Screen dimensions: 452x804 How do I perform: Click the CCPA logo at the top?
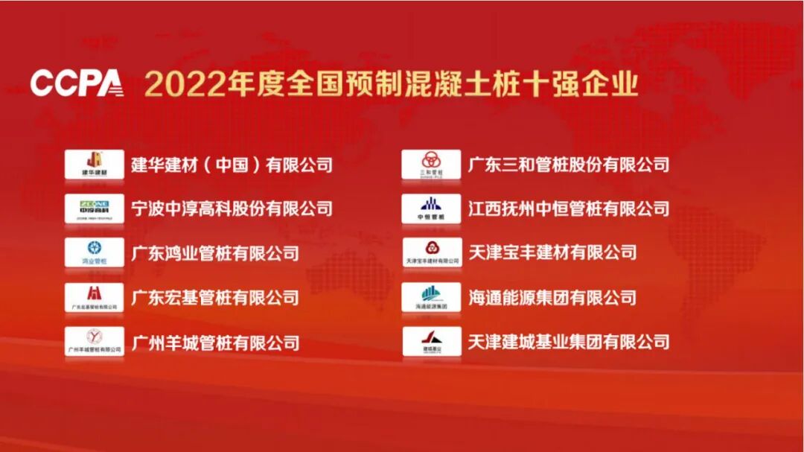[77, 83]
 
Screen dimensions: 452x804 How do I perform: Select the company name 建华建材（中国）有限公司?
[232, 165]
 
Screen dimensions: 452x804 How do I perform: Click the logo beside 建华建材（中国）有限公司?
[95, 164]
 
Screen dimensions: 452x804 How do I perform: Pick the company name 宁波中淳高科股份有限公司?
[232, 209]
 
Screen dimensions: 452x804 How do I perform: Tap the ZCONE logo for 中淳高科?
[95, 209]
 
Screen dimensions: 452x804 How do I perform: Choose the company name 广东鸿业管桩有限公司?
[215, 253]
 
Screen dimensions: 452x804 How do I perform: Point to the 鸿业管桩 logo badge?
[95, 252]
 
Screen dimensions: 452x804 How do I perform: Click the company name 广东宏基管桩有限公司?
[215, 298]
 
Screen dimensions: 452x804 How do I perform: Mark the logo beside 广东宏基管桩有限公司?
[95, 297]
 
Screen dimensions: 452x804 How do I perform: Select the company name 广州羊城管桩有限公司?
[215, 343]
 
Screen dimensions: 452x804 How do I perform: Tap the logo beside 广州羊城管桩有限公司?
[95, 342]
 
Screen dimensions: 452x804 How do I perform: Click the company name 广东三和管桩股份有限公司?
[569, 165]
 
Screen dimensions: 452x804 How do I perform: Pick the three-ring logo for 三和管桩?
[432, 164]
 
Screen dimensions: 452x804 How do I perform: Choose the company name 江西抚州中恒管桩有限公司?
[569, 209]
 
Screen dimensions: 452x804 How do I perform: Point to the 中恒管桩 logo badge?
[432, 209]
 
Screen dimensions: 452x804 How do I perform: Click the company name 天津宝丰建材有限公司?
[552, 253]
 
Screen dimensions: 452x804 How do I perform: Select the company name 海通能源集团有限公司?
[552, 298]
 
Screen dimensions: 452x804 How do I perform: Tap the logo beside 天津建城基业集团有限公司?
[432, 342]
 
